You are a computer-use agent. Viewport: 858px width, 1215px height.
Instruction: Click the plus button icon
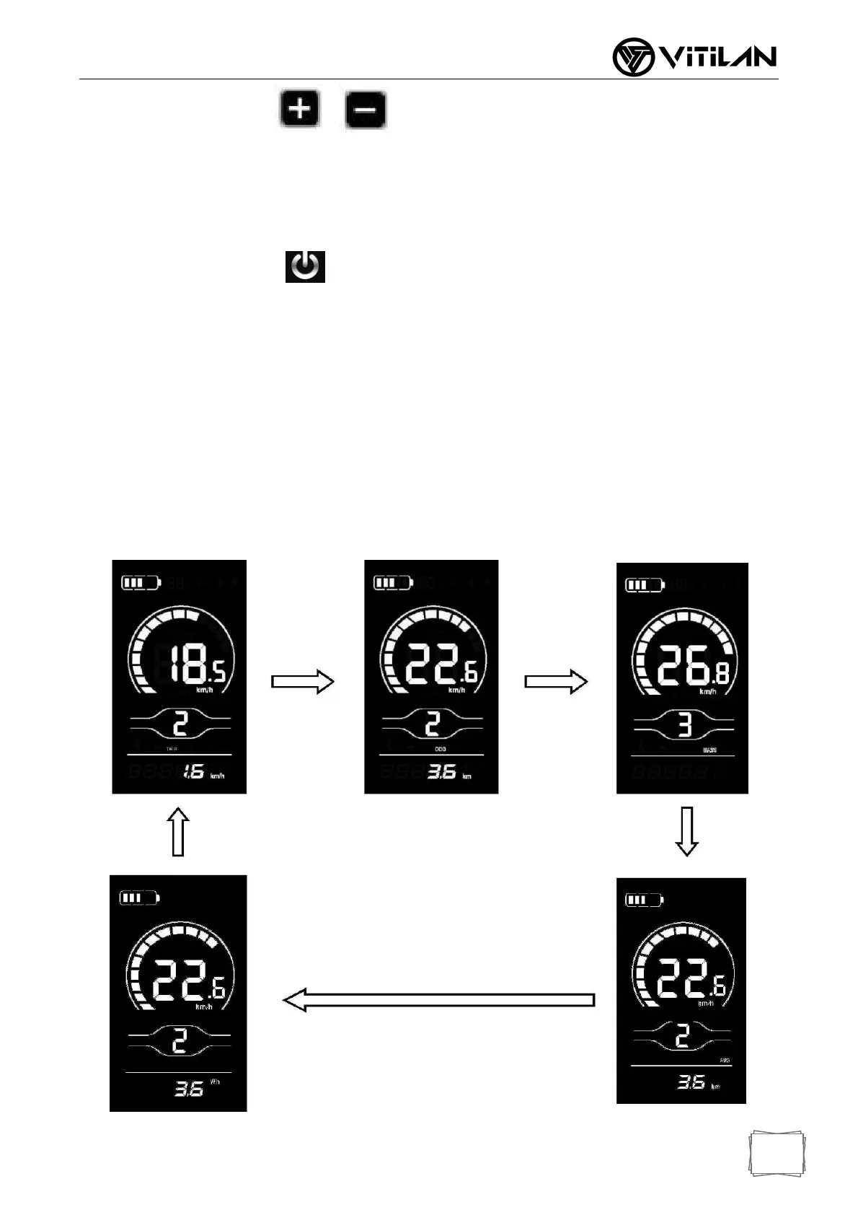(300, 110)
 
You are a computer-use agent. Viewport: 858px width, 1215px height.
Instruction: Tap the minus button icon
(366, 110)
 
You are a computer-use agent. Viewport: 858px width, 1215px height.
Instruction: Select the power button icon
(305, 266)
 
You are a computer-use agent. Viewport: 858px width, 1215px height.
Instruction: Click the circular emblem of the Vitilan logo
(633, 58)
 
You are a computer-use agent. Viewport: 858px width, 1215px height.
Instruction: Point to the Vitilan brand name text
(718, 58)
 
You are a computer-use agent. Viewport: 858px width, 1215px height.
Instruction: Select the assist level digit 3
(684, 724)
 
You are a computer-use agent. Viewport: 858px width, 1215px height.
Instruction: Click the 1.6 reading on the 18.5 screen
(193, 772)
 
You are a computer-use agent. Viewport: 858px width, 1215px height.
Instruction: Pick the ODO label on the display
(440, 750)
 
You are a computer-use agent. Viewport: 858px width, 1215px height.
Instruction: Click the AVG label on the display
(725, 1061)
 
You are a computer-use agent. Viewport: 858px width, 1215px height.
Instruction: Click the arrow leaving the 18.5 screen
(303, 682)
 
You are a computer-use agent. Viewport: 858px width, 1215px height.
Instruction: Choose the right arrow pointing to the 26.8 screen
(556, 682)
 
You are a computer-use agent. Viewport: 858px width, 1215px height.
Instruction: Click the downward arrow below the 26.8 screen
(686, 831)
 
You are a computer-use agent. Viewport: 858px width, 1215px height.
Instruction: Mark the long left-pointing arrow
(438, 1000)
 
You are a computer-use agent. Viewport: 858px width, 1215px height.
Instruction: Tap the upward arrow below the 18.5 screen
(178, 832)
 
